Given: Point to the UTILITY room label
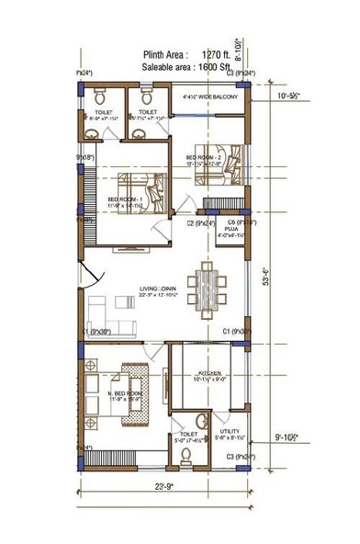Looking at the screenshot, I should (x=229, y=431).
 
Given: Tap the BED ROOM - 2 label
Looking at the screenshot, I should (x=206, y=156).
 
